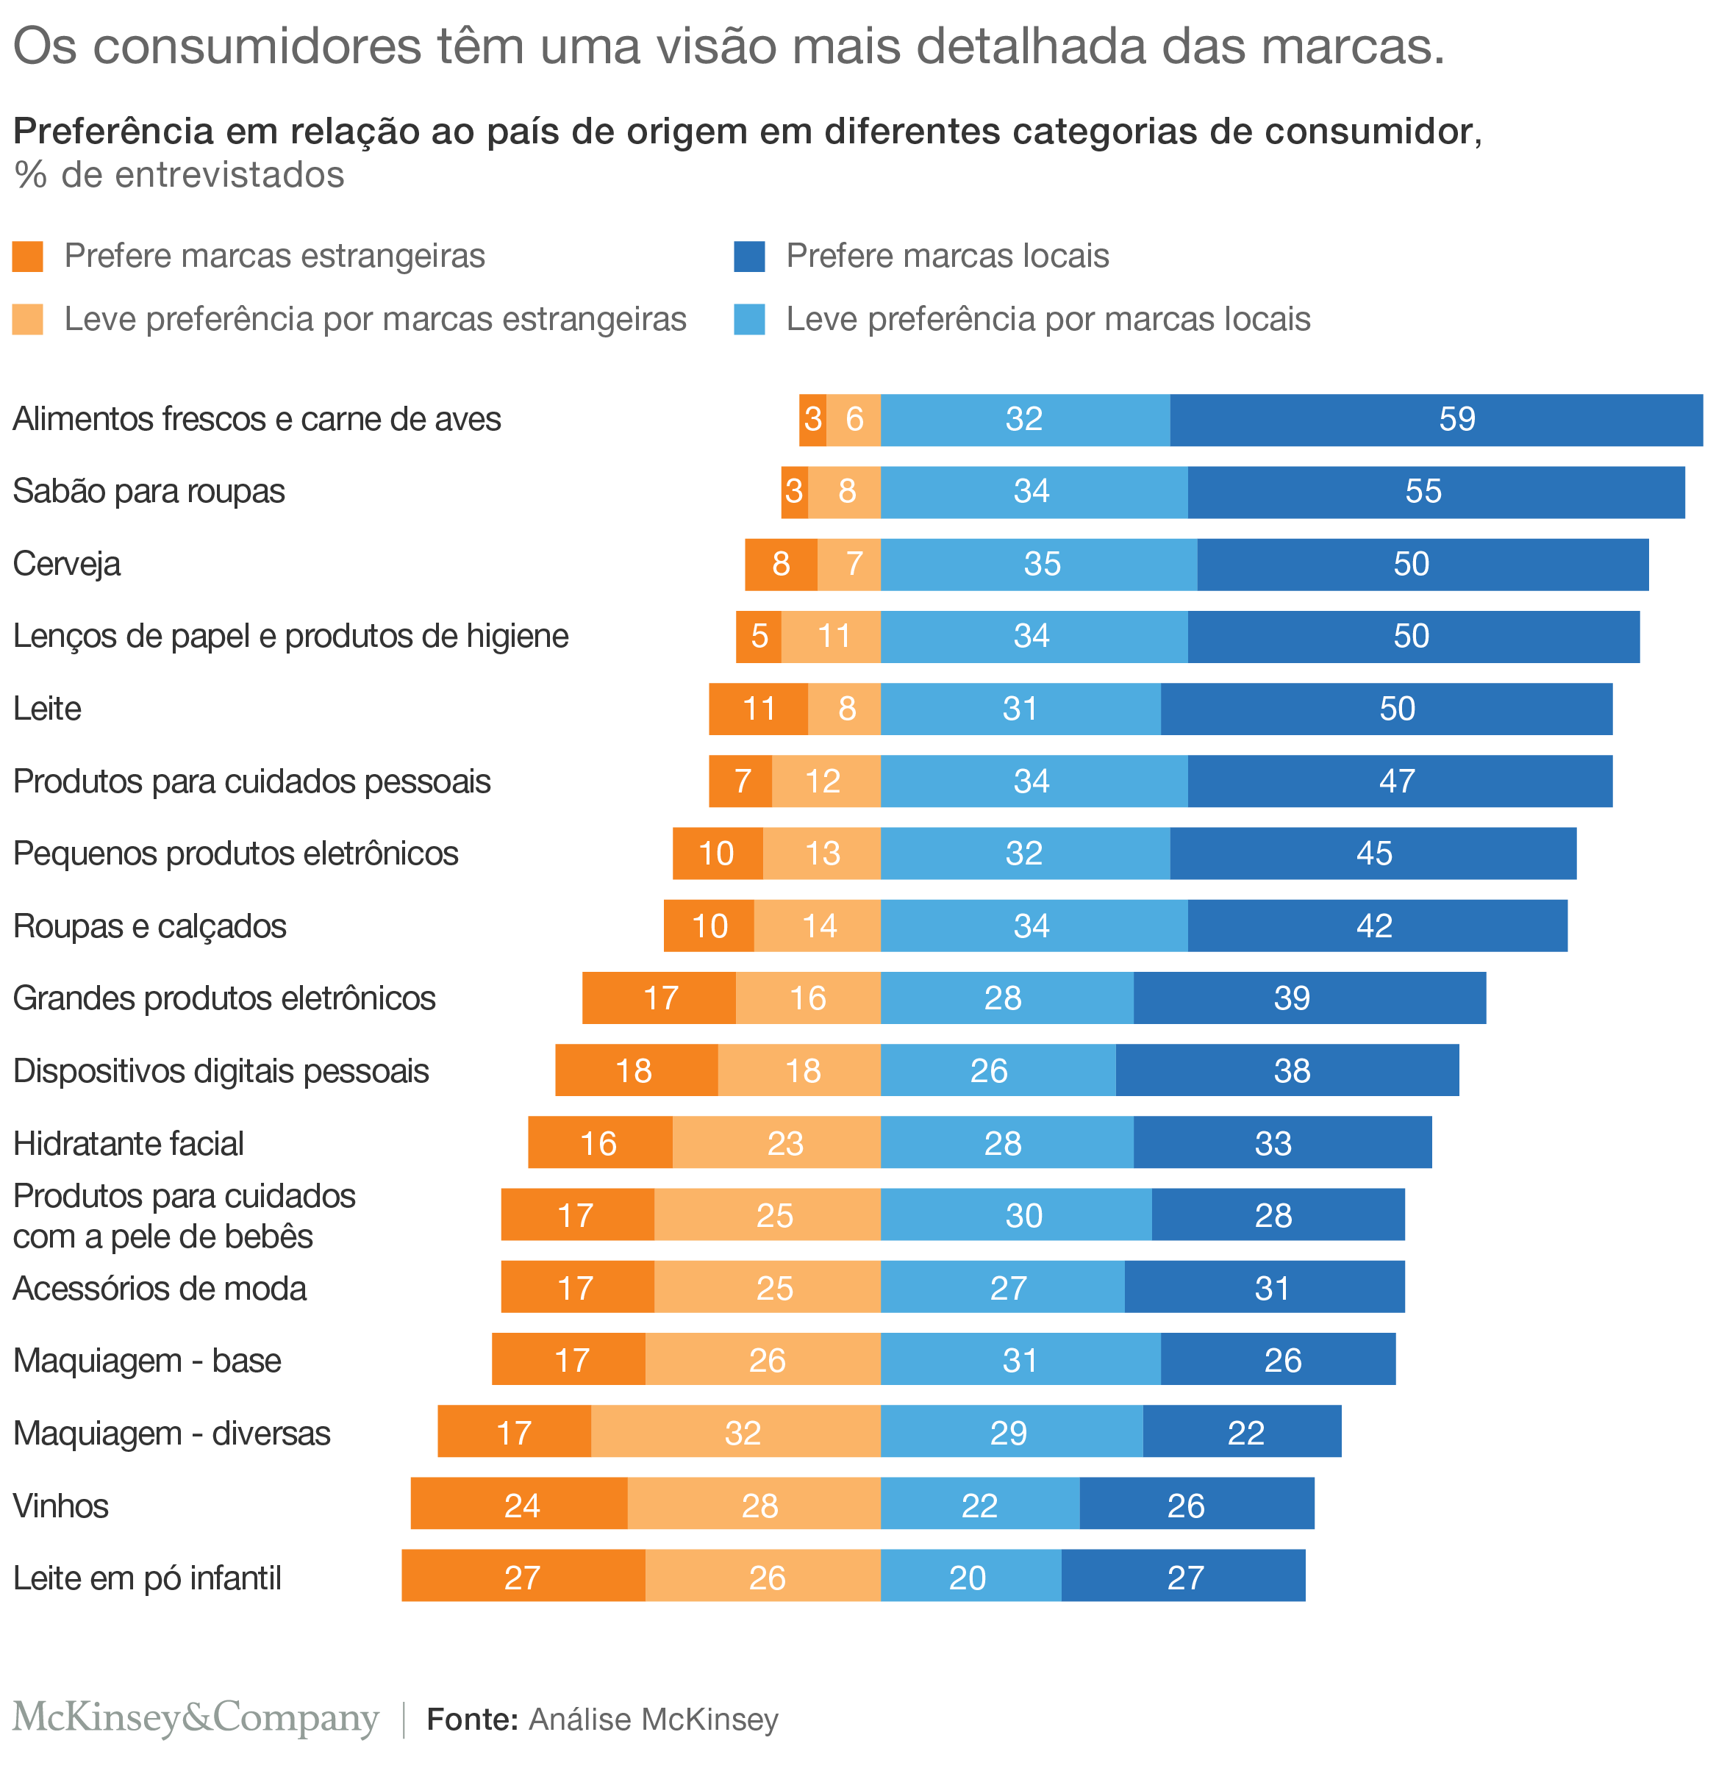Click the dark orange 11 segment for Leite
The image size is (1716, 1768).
(758, 709)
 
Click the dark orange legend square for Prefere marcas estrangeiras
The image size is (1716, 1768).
(28, 256)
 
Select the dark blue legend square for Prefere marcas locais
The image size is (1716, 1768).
(749, 256)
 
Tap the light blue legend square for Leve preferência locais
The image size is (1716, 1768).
(749, 319)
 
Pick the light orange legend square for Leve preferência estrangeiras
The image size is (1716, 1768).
(28, 319)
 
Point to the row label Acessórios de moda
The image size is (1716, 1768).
(160, 1288)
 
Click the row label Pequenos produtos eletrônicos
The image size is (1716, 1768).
(235, 853)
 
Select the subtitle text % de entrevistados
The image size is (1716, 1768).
(179, 175)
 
